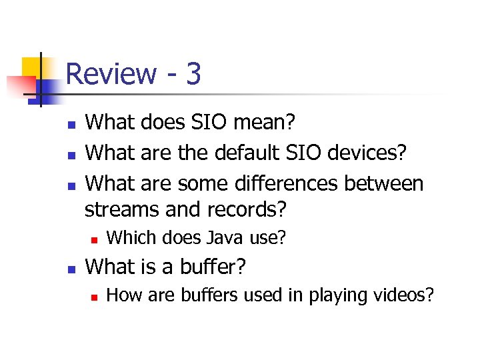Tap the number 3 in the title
coord(193,74)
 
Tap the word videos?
coord(400,294)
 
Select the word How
coord(121,294)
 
